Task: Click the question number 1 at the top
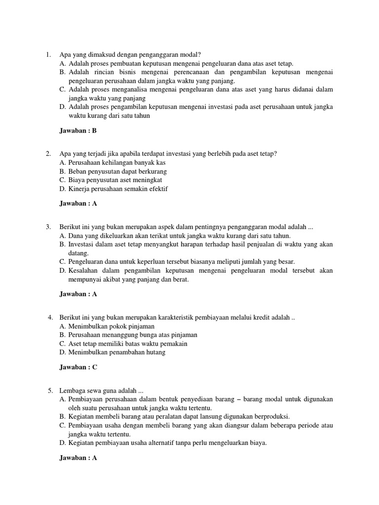click(x=48, y=54)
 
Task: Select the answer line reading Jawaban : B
click(x=78, y=131)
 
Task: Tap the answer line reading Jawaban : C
click(x=78, y=367)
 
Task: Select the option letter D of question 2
click(x=62, y=189)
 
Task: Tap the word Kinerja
click(x=79, y=189)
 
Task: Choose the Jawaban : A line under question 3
click(x=78, y=294)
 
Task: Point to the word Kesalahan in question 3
click(x=84, y=271)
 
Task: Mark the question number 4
click(x=50, y=317)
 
